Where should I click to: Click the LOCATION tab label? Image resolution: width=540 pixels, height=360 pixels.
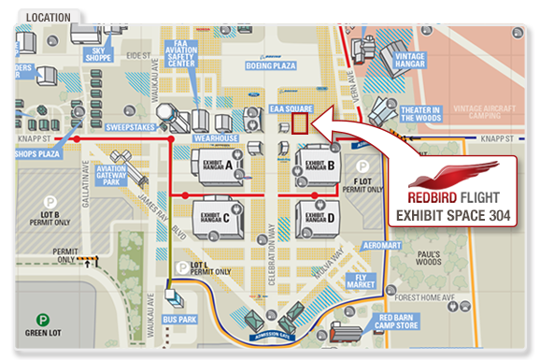[50, 17]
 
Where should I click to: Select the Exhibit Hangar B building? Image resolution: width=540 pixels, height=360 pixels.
[318, 166]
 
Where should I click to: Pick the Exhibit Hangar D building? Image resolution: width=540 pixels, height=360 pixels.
[318, 218]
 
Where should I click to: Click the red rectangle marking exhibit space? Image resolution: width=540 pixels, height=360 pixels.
[299, 123]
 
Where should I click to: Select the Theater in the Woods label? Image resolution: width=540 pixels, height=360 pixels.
[420, 113]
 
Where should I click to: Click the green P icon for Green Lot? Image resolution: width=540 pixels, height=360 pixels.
[43, 321]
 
